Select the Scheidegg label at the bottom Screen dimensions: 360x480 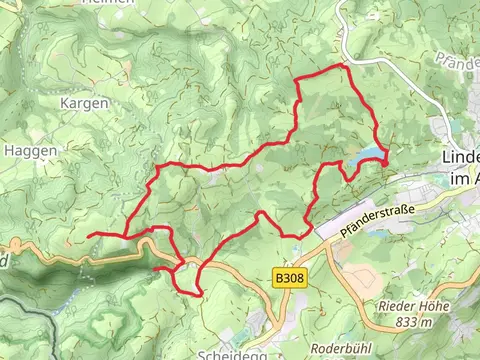tap(227, 353)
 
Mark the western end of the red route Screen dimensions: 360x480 tap(89, 235)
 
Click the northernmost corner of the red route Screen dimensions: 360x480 tap(345, 65)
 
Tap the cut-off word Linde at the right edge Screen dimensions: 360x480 tap(461, 158)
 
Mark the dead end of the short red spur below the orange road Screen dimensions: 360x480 tap(155, 268)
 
